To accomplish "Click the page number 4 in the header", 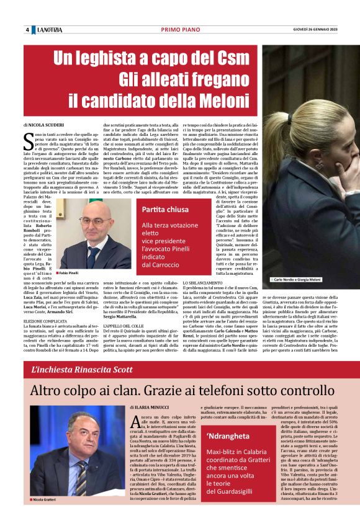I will pyautogui.click(x=27, y=30).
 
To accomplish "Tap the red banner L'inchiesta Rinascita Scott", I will pyautogui.click(x=82, y=370).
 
